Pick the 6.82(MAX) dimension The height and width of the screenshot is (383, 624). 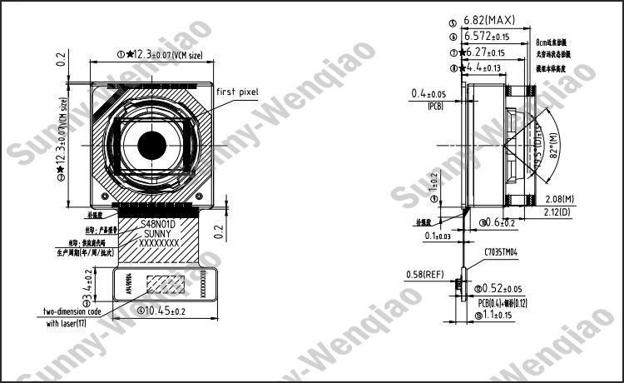(x=490, y=20)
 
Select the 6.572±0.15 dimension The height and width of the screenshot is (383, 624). (x=489, y=37)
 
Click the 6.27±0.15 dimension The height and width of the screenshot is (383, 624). (x=487, y=52)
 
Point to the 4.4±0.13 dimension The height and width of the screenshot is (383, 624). (x=483, y=67)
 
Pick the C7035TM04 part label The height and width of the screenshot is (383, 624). (x=501, y=251)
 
